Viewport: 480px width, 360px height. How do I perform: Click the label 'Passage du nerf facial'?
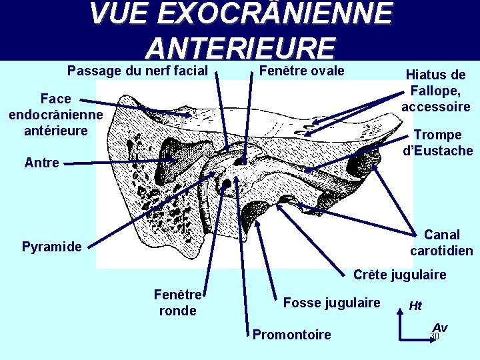pos(139,71)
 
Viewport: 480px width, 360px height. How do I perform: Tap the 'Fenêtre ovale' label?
pos(301,71)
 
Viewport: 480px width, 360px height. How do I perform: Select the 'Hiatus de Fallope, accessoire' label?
pos(436,91)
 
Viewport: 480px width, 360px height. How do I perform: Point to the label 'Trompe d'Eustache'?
pos(438,143)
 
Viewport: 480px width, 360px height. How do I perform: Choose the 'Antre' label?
pos(41,162)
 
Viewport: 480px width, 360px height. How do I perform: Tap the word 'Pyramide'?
pos(52,247)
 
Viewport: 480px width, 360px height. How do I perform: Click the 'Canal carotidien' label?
pos(441,243)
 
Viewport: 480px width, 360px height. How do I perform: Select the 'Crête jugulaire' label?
pos(399,275)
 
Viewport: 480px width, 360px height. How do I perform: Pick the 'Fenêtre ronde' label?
pos(178,303)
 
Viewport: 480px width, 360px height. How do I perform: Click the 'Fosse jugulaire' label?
pos(331,303)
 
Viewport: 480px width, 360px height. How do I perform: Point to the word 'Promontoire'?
pos(291,335)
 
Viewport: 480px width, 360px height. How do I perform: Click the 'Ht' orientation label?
pos(415,306)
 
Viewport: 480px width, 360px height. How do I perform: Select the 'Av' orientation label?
pos(439,327)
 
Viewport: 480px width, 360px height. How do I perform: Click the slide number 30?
pos(435,336)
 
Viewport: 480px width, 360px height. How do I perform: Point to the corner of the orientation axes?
pos(399,338)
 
